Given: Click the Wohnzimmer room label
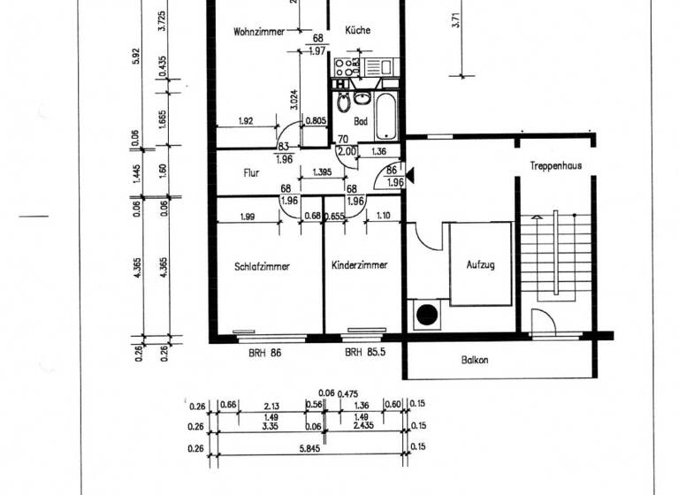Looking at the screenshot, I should point(259,32).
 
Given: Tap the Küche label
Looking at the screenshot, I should point(358,30).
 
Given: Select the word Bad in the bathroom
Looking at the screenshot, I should point(360,121).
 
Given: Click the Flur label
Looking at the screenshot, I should point(251,174).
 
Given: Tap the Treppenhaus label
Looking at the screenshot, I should point(555,165).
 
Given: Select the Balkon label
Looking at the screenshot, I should point(475,361).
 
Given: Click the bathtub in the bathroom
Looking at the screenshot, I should point(387,114).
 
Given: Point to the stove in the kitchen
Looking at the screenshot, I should point(346,66).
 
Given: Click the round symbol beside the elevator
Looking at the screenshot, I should point(429,315).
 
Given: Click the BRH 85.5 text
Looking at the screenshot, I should point(362,353).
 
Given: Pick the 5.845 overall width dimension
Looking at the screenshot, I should point(315,448).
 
